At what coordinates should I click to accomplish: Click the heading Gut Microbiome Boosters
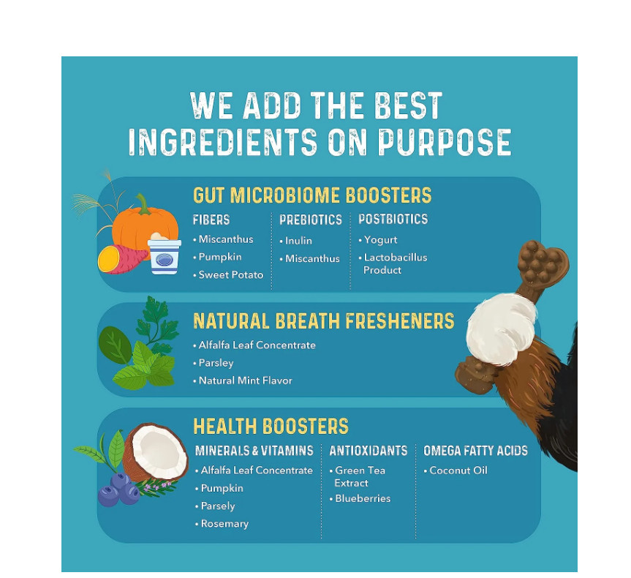point(312,195)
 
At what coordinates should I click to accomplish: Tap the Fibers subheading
point(211,219)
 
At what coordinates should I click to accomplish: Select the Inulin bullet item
point(296,241)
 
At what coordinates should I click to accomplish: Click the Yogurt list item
point(378,240)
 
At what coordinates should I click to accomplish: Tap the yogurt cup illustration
point(165,254)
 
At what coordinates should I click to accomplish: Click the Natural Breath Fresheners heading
point(324,321)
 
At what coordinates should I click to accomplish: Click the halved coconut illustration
point(155,451)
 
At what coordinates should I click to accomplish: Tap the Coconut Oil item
point(456,470)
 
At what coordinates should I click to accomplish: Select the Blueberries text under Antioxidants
point(360,499)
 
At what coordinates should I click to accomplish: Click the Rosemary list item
point(222,524)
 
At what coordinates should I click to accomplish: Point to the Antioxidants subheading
point(369,451)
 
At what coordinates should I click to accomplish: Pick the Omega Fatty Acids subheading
point(476,451)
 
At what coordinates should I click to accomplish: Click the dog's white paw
point(500,329)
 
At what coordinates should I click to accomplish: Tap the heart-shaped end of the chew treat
point(543,262)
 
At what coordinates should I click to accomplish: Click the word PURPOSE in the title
point(445,143)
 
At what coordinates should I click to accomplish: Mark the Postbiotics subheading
point(393,219)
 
